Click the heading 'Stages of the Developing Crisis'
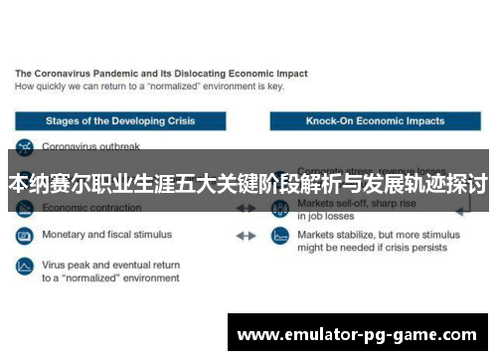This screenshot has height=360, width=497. (120, 120)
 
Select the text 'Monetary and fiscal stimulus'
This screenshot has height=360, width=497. (106, 236)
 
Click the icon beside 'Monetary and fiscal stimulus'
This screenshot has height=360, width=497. (24, 237)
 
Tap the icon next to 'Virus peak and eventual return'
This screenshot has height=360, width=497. (24, 267)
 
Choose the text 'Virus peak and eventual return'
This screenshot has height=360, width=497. (110, 266)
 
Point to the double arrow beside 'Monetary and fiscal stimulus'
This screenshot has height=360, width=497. (246, 236)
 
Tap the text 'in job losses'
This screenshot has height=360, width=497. (326, 215)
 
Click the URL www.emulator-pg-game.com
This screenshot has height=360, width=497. (357, 333)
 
